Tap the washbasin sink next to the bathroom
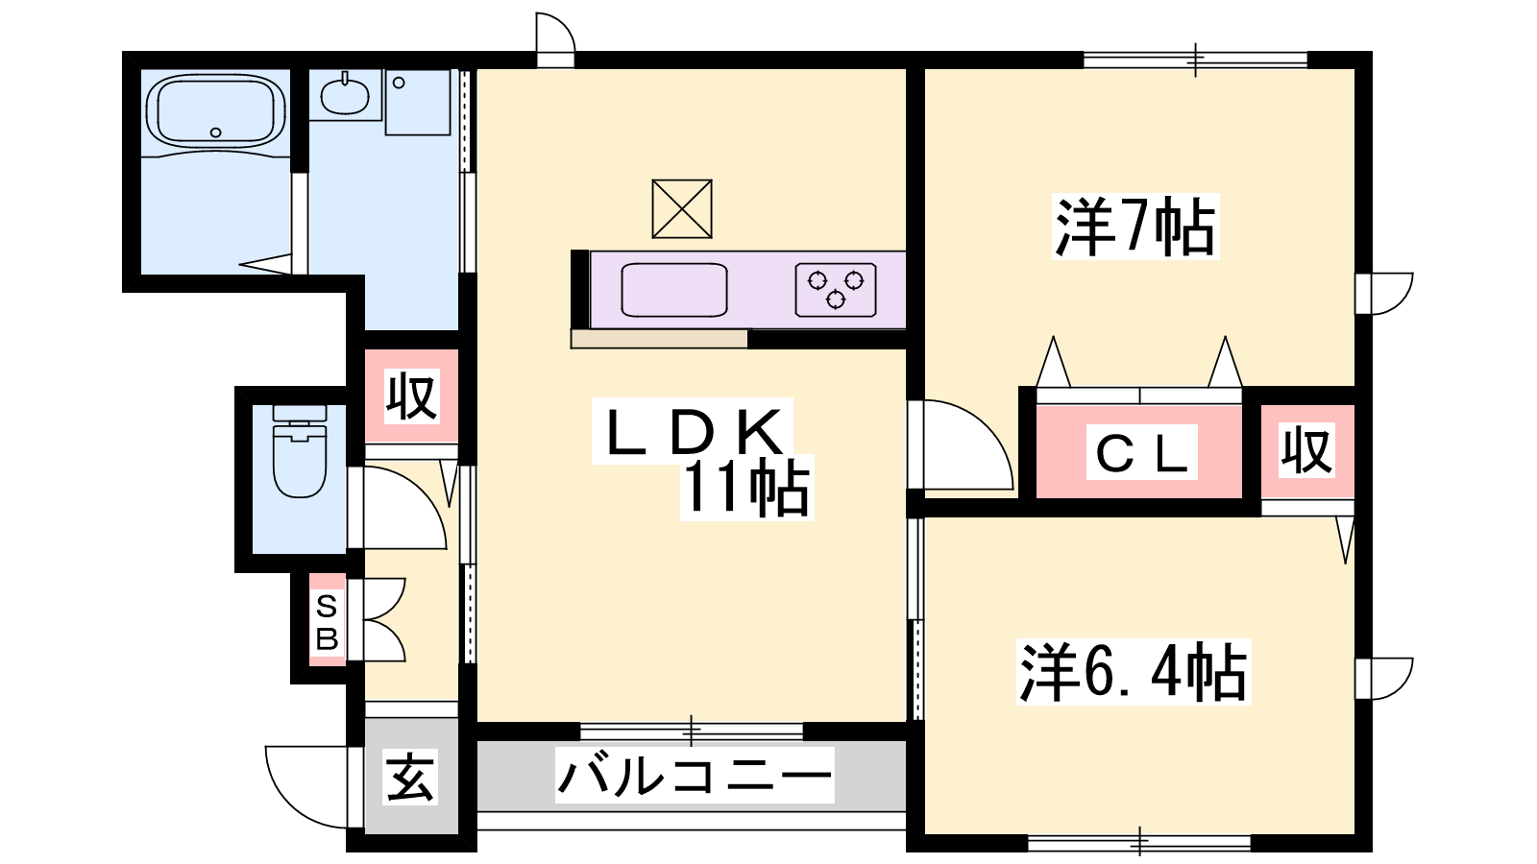(345, 95)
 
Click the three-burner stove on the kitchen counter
(836, 289)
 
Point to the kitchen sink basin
(673, 289)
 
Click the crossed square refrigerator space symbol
(682, 209)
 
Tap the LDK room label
(693, 431)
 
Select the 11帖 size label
(746, 488)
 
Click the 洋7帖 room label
(1135, 227)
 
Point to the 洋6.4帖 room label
(1134, 672)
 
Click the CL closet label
(1142, 452)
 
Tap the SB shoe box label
(327, 623)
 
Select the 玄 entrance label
(410, 779)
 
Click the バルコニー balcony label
(695, 776)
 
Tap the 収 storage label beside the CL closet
(1307, 450)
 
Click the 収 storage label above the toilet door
(411, 396)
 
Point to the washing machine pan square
(417, 102)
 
